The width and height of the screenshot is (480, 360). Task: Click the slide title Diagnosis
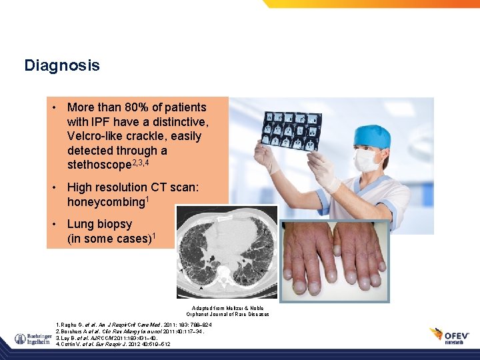coord(62,65)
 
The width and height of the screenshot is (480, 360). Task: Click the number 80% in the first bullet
coord(138,107)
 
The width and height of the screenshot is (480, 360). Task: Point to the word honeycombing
coord(105,201)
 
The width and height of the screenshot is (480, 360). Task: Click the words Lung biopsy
coord(99,224)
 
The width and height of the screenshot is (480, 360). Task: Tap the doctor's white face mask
coord(367,161)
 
